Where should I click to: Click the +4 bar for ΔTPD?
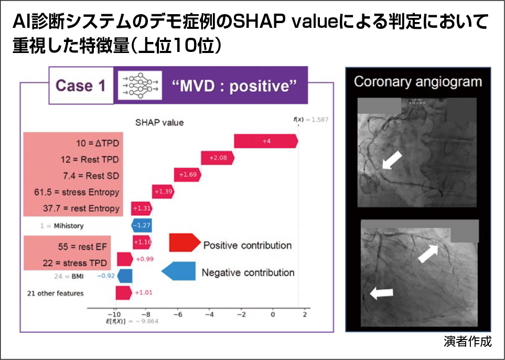pyautogui.click(x=266, y=141)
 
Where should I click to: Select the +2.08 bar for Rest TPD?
pyautogui.click(x=218, y=158)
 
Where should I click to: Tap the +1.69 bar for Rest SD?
pyautogui.click(x=188, y=175)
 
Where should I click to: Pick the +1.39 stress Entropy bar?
pyautogui.click(x=163, y=192)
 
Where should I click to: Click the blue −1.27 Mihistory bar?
pyautogui.click(x=141, y=226)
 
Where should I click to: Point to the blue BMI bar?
pyautogui.click(x=125, y=276)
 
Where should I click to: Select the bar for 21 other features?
pyautogui.click(x=124, y=293)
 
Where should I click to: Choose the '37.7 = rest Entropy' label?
pyautogui.click(x=81, y=209)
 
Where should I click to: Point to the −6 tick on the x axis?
pyautogui.click(x=177, y=314)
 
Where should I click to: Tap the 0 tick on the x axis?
pyautogui.click(x=272, y=314)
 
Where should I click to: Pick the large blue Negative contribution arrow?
pyautogui.click(x=178, y=271)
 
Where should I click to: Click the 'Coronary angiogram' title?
pyautogui.click(x=417, y=81)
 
